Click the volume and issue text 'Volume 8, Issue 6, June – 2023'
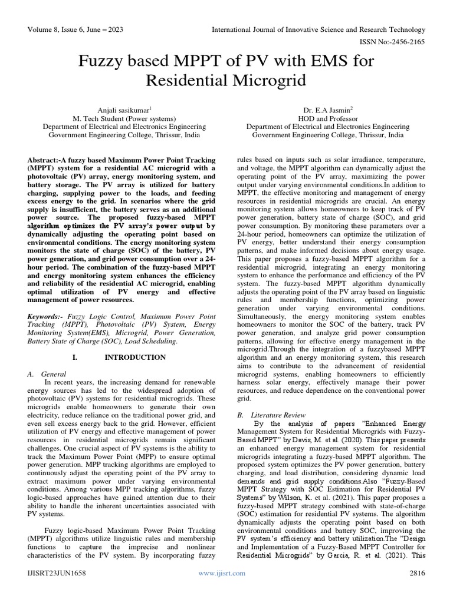[75, 30]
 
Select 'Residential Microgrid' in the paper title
[226, 79]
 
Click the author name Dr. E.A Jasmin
[328, 109]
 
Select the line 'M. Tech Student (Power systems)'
[124, 118]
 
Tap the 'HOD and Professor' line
[328, 118]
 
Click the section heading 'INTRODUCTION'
[135, 357]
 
